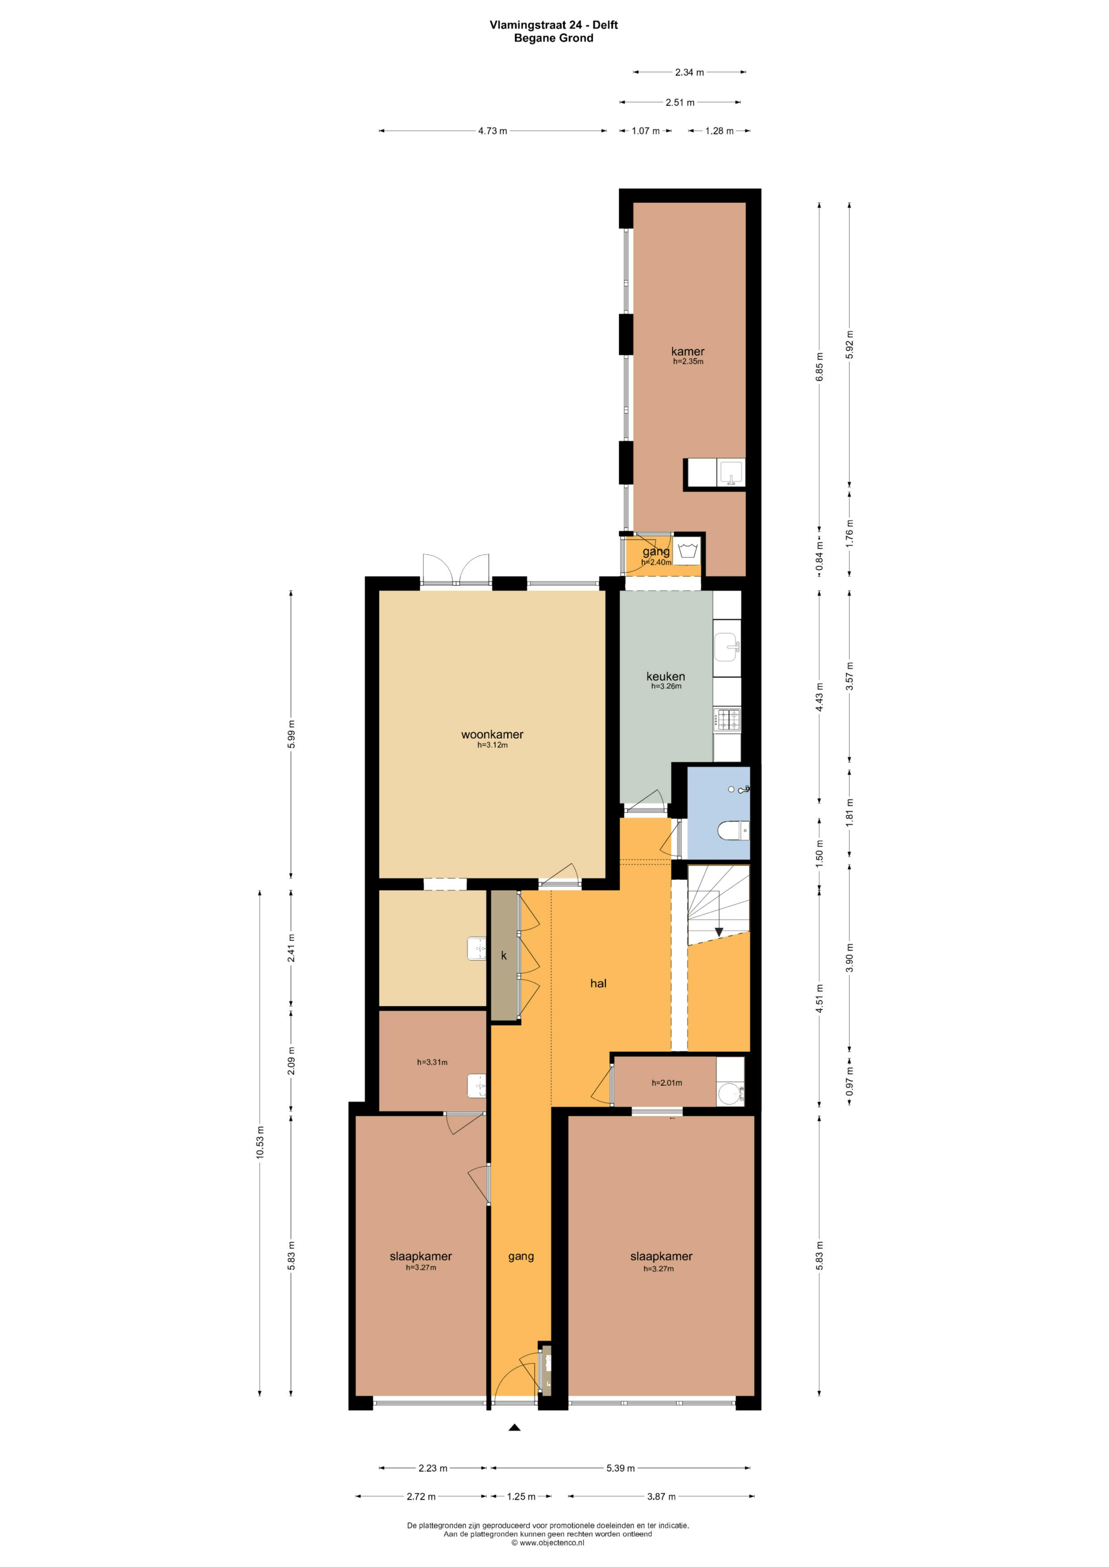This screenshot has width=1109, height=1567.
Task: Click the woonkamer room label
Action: coord(492,735)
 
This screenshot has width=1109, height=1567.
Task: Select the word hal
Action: coord(598,983)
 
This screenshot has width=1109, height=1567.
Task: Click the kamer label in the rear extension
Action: coord(687,352)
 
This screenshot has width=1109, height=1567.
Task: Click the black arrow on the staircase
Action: coord(718,932)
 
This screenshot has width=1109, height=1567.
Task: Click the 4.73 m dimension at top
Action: coord(492,131)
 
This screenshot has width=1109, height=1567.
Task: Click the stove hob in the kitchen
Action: coord(726,720)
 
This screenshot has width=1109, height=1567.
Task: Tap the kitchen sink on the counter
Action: coord(726,646)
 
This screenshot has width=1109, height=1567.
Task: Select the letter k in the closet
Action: coord(504,955)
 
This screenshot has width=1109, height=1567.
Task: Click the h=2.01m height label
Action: coord(666,1083)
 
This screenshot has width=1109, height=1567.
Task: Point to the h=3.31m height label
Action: coord(432,1062)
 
